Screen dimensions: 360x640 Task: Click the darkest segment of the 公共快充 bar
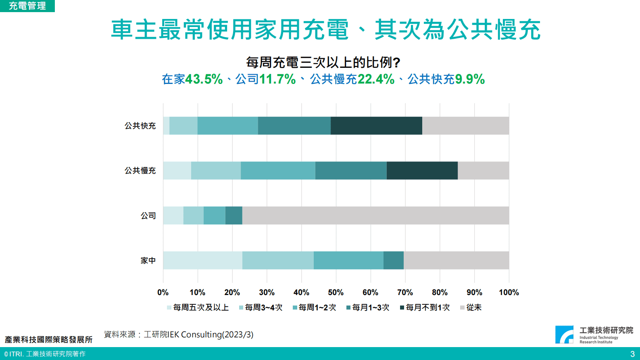pos(376,126)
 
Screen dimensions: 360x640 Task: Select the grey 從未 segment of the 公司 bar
pos(375,216)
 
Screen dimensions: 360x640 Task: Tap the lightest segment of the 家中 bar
pos(202,260)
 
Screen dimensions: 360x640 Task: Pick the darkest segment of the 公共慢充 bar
pos(422,170)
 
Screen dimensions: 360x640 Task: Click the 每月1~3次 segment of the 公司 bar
pos(233,216)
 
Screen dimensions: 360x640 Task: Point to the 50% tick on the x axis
pos(336,292)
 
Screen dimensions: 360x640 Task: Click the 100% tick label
pos(509,292)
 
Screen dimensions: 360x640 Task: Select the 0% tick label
pos(163,292)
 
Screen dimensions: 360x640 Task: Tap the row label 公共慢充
pos(140,171)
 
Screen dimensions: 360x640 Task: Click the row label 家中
pos(148,261)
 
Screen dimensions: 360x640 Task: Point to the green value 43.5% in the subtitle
pos(204,79)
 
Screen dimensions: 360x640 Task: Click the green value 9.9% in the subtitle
pos(470,79)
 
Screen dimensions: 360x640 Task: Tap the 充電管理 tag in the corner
pos(27,6)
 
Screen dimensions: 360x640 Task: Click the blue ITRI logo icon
pos(564,335)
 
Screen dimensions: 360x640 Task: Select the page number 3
pos(632,354)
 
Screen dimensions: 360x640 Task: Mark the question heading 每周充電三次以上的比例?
pos(323,63)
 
